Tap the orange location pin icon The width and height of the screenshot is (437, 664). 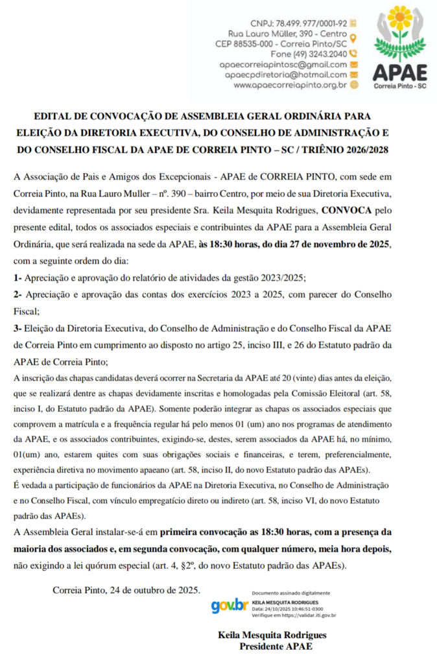pos(353,37)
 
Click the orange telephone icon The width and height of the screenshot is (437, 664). pos(353,54)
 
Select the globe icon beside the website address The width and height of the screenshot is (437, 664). pos(353,84)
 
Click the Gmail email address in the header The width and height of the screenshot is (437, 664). pos(283,64)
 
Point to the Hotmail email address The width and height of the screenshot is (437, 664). pos(286,75)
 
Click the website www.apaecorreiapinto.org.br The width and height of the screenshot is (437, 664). pos(290,84)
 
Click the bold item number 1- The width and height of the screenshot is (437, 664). pos(18,278)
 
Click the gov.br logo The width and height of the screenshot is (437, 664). pos(230,606)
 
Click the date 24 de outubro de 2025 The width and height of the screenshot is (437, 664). pos(155,590)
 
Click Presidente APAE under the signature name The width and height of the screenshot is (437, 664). pos(276,646)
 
